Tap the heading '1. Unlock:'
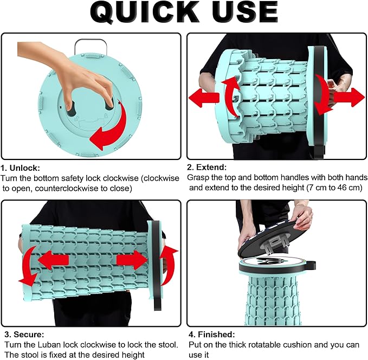pos(21,168)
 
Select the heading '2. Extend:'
pos(207,167)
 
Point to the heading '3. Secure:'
pos(24,334)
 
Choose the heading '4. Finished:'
pos(212,334)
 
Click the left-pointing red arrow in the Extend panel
pos(204,97)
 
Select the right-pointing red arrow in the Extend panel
pos(348,98)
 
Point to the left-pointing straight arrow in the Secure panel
pos(53,260)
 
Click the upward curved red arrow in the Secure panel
pos(168,265)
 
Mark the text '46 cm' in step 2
pos(350,188)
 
